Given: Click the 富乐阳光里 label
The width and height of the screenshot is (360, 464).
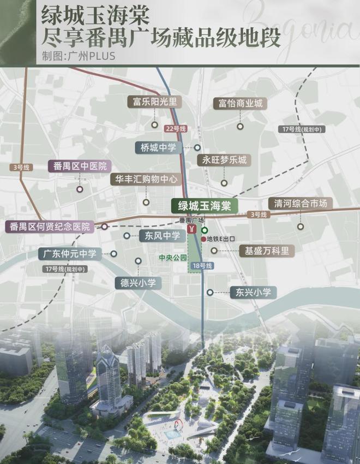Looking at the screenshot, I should [x=155, y=102].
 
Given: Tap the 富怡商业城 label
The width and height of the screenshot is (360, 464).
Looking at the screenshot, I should [x=240, y=103].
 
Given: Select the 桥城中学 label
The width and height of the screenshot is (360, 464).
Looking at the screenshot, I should [x=159, y=147].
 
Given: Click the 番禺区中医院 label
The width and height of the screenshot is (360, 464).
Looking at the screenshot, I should [x=80, y=166].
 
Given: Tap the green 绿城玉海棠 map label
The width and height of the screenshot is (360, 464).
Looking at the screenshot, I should [x=202, y=206].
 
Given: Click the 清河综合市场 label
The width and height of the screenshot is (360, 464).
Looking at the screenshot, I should [x=300, y=203].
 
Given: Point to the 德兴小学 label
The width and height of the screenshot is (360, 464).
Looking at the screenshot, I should [x=139, y=283].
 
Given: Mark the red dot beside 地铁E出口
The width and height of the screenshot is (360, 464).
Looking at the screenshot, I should [x=203, y=239].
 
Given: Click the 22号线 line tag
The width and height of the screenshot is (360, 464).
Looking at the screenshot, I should [x=176, y=128].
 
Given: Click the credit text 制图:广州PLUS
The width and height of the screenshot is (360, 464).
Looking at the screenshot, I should [x=78, y=56].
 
